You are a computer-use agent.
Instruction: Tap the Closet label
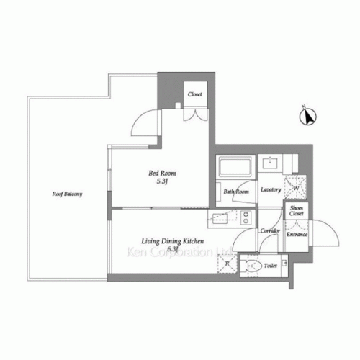pyautogui.click(x=194, y=94)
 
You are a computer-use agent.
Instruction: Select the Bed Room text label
pyautogui.click(x=162, y=174)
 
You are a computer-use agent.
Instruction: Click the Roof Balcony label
pyautogui.click(x=65, y=194)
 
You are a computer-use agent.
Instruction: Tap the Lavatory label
pyautogui.click(x=271, y=190)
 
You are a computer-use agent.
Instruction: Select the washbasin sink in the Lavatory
pyautogui.click(x=272, y=163)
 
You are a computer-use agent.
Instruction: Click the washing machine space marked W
pyautogui.click(x=296, y=189)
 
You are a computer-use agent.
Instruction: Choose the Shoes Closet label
pyautogui.click(x=297, y=211)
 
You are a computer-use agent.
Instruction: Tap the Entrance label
pyautogui.click(x=297, y=234)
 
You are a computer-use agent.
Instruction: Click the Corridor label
pyautogui.click(x=270, y=231)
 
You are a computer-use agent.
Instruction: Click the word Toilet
pyautogui.click(x=271, y=266)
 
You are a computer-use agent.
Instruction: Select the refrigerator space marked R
pyautogui.click(x=226, y=265)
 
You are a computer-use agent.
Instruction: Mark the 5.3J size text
pyautogui.click(x=162, y=182)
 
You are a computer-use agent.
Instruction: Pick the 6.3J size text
pyautogui.click(x=173, y=249)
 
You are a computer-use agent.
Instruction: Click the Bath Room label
pyautogui.click(x=236, y=192)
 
